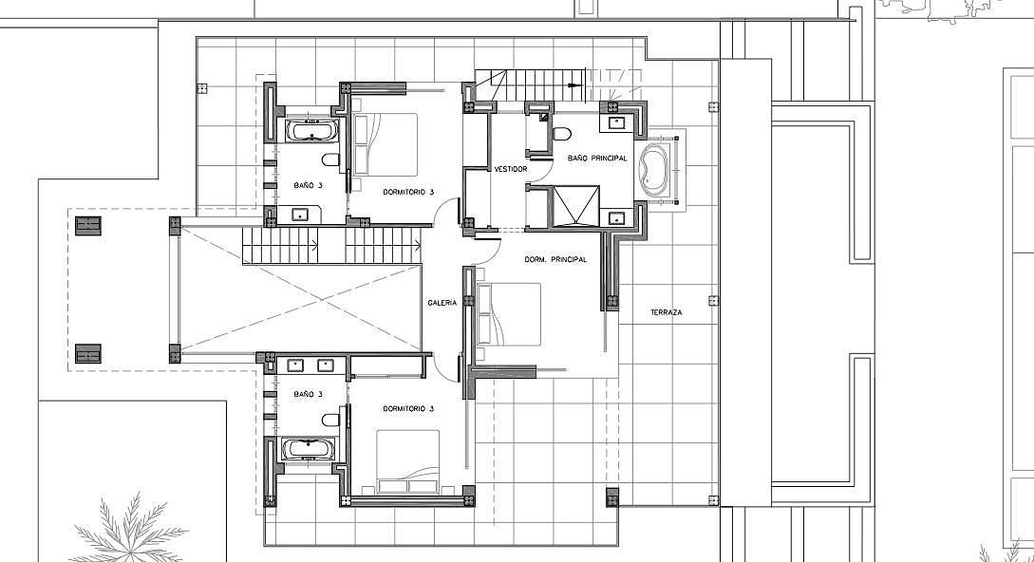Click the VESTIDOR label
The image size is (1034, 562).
511,170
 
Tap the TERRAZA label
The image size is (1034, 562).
666,312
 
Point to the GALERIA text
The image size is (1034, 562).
442,303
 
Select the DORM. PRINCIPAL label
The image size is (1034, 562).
555,260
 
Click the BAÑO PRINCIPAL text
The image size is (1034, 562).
597,159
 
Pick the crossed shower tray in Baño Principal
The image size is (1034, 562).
575,206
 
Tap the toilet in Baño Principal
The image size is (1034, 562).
562,135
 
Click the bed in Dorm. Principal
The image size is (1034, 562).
508,314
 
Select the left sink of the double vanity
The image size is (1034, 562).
294,365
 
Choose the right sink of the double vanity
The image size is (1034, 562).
327,365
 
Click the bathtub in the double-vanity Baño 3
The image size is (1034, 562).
308,450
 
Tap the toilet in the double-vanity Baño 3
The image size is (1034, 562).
331,420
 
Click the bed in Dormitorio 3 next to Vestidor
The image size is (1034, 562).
385,143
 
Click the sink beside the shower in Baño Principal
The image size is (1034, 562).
617,217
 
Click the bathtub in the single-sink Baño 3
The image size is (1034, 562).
312,130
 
